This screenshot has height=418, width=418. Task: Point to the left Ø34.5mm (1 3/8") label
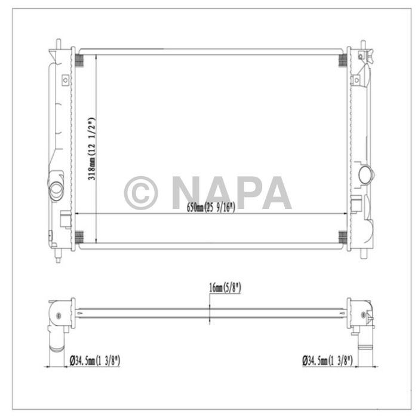pos(95,360)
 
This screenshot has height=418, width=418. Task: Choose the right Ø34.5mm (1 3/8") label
pos(328,360)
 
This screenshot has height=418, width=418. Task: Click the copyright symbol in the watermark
pos(140,192)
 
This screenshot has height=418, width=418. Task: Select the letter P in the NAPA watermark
pos(250,192)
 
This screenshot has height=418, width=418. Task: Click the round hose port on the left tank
pos(56,188)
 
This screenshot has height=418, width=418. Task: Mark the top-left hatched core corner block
pos(78,61)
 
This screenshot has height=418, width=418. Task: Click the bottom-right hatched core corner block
pos(343,237)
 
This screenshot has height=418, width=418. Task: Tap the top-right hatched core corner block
pos(343,61)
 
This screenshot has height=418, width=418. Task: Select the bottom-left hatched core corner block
pos(78,237)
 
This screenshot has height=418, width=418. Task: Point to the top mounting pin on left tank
pos(59,44)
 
